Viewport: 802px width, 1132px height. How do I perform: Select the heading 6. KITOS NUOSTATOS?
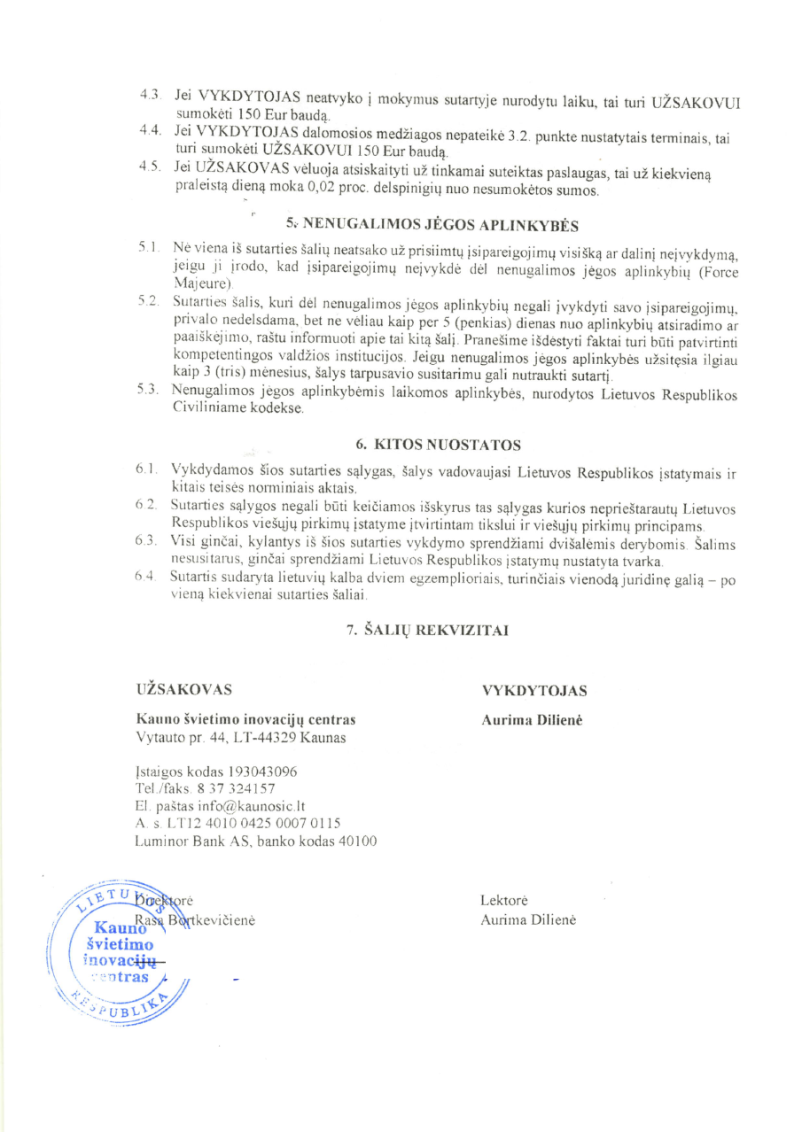point(432,443)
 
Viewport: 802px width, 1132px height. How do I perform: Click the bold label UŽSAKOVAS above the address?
point(184,690)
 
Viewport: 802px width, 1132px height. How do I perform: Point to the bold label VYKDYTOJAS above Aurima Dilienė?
point(533,691)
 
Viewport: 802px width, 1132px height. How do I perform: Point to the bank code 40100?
point(356,840)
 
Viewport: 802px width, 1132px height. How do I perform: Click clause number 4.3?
point(150,94)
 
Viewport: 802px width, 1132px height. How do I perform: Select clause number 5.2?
point(147,302)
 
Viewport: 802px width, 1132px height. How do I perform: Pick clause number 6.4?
point(147,578)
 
